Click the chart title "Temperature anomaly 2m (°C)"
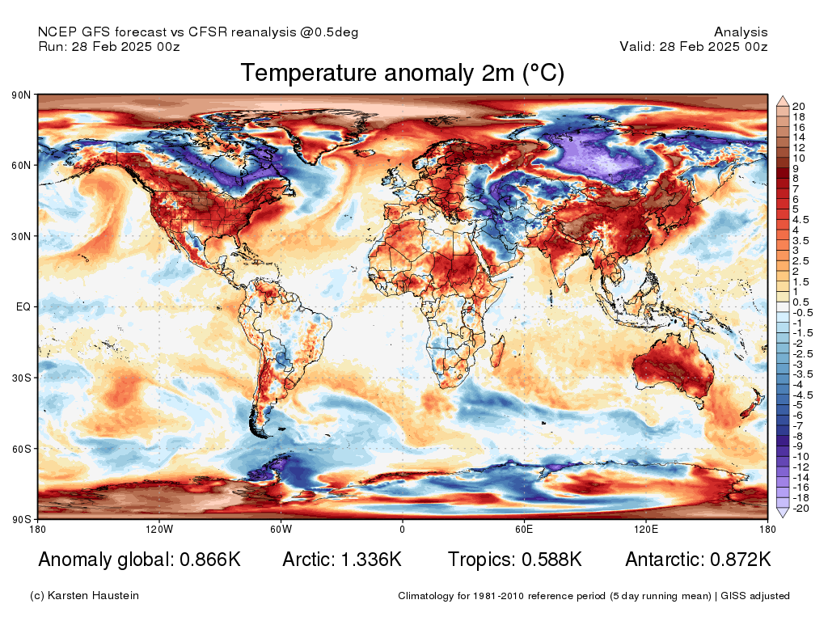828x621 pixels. pos(403,73)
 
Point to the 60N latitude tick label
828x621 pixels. pos(21,165)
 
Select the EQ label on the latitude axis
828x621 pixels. pos(23,306)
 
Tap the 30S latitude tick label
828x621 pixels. pos(21,378)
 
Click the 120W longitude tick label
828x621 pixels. pos(159,529)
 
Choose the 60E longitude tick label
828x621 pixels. pos(524,529)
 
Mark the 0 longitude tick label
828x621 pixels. pos(403,529)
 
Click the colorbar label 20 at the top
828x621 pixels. pos(798,107)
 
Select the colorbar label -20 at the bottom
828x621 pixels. pos(801,509)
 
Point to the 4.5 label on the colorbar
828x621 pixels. pos(801,220)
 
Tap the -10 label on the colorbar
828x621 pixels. pos(801,457)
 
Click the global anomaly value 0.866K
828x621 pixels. pos(210,560)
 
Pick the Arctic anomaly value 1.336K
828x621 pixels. pos(371,560)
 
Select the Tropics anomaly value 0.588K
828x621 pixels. pos(551,560)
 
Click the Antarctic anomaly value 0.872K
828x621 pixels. pos(741,560)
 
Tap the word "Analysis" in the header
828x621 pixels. pos(741,32)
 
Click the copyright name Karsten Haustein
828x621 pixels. pos(93,596)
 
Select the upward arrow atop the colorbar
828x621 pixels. pos(783,101)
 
